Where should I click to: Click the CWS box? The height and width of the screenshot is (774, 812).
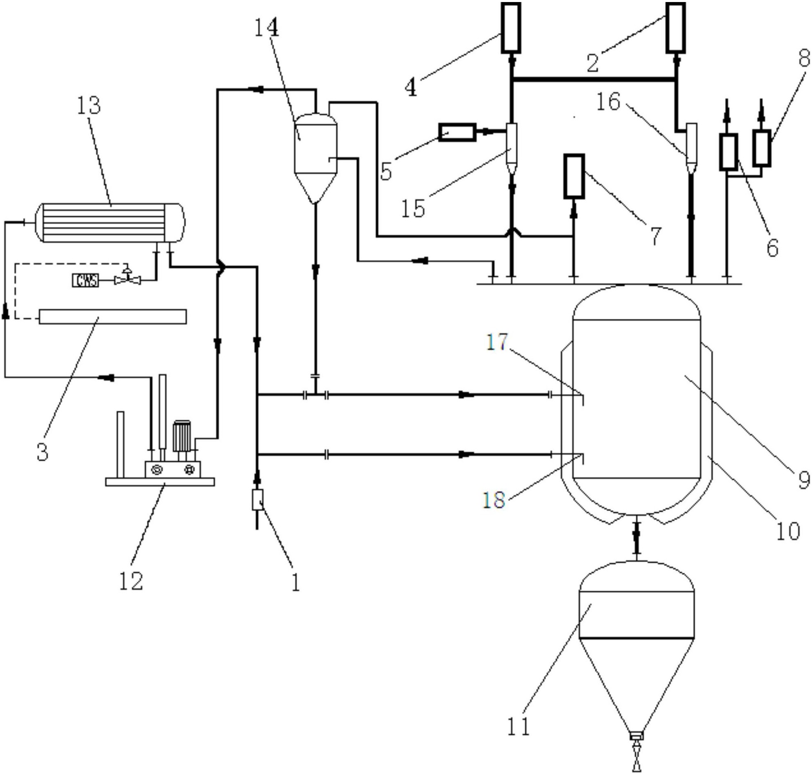85,280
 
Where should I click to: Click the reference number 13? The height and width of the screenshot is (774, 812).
88,105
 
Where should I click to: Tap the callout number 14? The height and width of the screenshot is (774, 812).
266,27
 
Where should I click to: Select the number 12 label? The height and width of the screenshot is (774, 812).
131,580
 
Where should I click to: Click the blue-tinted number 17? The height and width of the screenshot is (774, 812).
497,342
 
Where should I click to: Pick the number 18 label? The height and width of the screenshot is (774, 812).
494,500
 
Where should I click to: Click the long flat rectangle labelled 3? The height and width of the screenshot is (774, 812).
113,316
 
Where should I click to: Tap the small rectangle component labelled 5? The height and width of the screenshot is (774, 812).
457,132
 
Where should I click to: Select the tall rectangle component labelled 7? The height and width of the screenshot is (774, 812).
574,176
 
